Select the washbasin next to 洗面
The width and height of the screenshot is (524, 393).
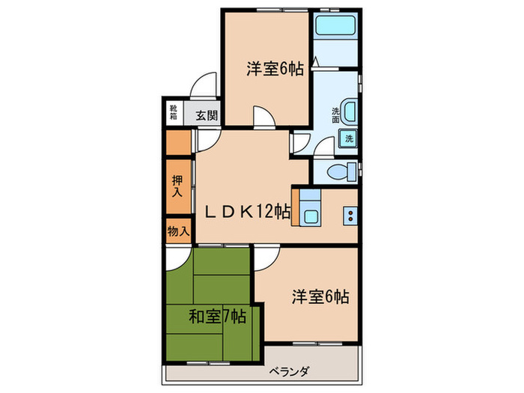(x=348, y=109)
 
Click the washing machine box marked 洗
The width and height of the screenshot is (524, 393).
(x=348, y=138)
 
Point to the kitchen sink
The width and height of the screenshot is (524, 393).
(x=310, y=217)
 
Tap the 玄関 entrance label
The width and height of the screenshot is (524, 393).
(x=207, y=115)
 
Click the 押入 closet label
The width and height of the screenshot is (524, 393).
(x=177, y=186)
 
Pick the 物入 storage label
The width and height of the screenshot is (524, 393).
(x=178, y=231)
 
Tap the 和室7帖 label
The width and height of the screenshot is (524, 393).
(x=216, y=317)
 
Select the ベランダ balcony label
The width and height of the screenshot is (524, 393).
(x=292, y=372)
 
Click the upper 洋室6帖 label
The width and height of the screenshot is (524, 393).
(x=275, y=69)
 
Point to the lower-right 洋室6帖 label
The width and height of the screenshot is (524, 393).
(x=320, y=296)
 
